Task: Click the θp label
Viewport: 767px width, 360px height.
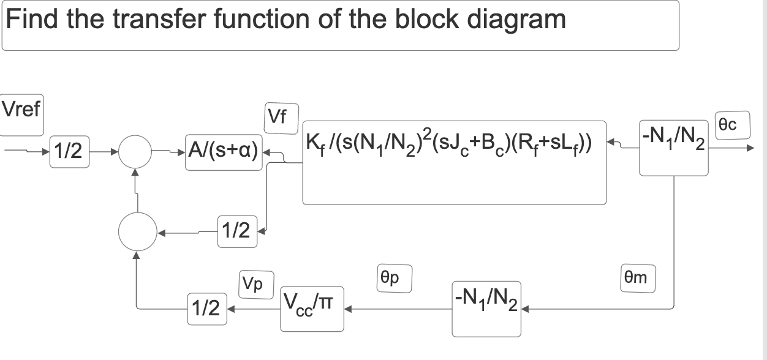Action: click(x=393, y=278)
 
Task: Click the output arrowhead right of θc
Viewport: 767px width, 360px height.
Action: click(x=751, y=148)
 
